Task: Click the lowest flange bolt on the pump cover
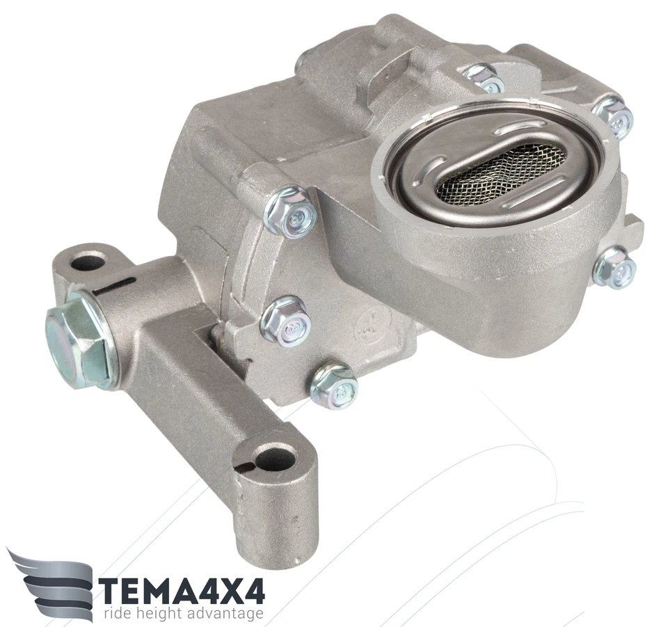coord(333,386)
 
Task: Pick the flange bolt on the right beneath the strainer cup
coord(614,267)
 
